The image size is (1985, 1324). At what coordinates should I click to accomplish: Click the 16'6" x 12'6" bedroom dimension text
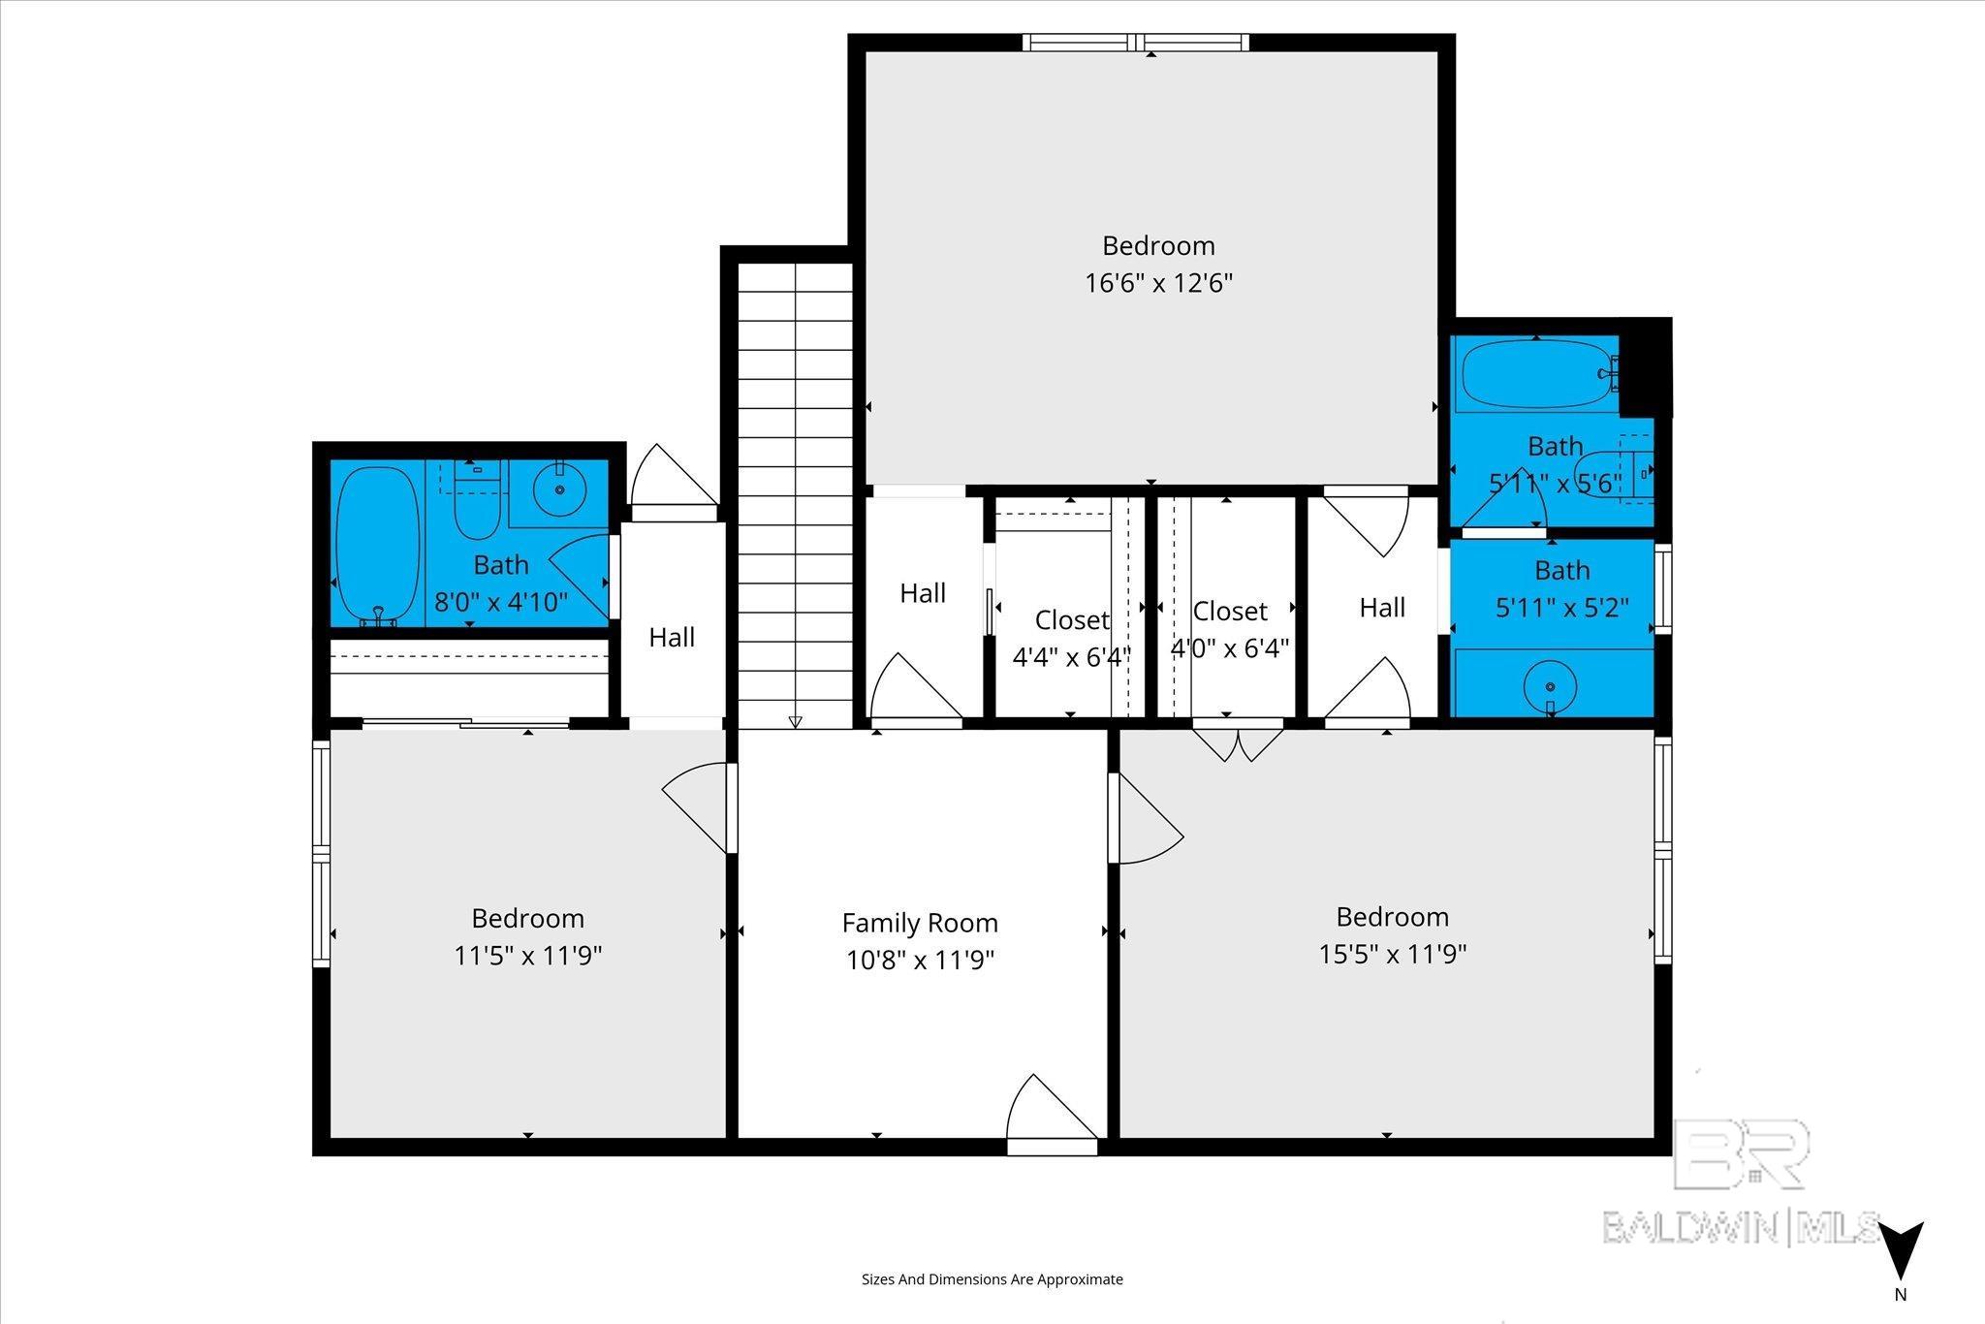[x=1158, y=283]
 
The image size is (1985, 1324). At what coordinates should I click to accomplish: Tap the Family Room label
[x=920, y=923]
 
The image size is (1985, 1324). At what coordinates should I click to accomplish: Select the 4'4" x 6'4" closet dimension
[x=1071, y=657]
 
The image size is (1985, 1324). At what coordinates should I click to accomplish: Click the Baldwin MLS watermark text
[x=1741, y=1227]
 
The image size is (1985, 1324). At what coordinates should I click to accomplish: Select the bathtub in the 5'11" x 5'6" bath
[x=1536, y=374]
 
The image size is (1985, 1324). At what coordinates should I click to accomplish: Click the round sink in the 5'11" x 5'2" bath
[x=1550, y=686]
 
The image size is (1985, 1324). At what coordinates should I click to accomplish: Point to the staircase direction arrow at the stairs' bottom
[x=796, y=721]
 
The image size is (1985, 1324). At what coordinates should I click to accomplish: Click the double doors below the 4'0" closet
[x=1238, y=739]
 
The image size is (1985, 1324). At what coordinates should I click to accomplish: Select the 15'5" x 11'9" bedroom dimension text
[x=1392, y=954]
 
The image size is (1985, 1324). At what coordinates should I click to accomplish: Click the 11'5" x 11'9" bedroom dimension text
[x=528, y=956]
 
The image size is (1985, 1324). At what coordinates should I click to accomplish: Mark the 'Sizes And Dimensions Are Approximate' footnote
[x=992, y=1279]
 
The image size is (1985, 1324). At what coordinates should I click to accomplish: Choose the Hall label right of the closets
[x=1382, y=608]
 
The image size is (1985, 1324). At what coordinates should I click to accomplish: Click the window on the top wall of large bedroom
[x=1135, y=42]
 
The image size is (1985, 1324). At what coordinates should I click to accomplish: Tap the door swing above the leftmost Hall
[x=672, y=479]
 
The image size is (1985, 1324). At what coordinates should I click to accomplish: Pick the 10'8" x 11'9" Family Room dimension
[x=920, y=960]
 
